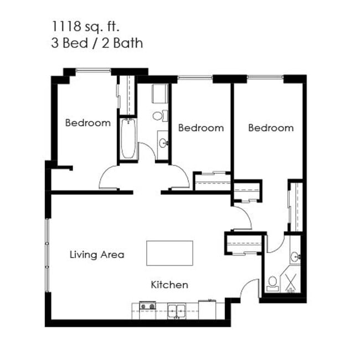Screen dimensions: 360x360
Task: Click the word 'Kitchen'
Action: tap(169, 285)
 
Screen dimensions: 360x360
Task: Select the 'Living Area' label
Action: tap(97, 255)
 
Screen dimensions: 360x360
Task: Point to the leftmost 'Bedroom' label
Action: tap(88, 123)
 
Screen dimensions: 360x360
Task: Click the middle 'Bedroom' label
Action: tap(201, 128)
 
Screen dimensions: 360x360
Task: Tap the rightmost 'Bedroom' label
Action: tap(271, 128)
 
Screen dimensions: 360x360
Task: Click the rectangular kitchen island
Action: tap(169, 253)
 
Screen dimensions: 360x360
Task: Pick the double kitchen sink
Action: tap(177, 308)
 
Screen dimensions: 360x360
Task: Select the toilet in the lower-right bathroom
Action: tap(272, 284)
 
